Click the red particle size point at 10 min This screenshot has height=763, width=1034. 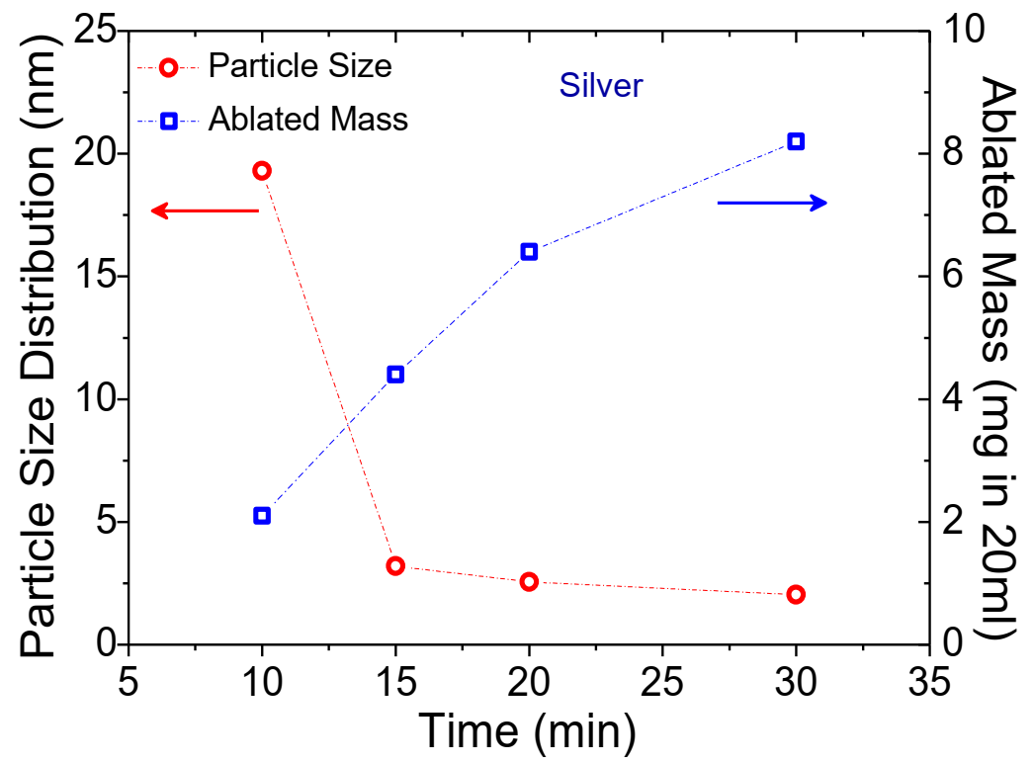coord(262,170)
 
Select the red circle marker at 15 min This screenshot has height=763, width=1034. coord(395,565)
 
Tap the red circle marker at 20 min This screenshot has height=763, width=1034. coord(529,581)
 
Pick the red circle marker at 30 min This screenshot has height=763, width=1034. coord(796,594)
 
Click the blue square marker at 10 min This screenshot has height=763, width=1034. coord(262,515)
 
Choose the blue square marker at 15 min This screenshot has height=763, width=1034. coord(395,374)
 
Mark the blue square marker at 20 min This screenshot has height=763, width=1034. coord(529,251)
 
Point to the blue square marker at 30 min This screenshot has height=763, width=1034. coord(796,141)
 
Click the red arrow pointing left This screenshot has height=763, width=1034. coord(205,210)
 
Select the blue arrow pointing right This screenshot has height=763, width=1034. coord(772,203)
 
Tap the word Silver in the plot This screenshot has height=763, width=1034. coord(601,86)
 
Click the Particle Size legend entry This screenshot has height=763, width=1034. coord(300,67)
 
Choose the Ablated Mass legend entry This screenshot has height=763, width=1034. coord(307,121)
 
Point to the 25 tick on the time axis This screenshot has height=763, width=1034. coord(661,683)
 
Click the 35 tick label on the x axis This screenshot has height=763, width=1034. coord(928,683)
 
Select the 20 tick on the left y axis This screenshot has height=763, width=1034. coord(98,154)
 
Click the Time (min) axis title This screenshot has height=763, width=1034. coord(526,731)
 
